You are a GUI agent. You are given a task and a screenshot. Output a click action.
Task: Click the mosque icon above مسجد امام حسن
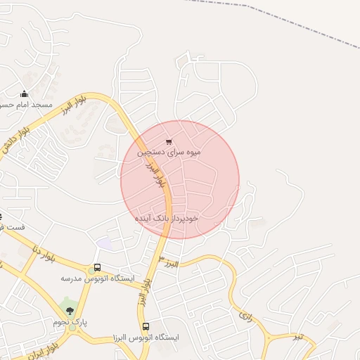coord(24,94)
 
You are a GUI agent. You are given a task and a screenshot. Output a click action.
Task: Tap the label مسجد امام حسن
coord(28,105)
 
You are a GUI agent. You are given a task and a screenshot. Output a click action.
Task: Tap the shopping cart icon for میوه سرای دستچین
coord(168,141)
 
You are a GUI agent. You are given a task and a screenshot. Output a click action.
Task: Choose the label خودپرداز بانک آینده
coord(167,218)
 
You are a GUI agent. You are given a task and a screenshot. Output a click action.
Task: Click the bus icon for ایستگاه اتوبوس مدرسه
coord(97,268)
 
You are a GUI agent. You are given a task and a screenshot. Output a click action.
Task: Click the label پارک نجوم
coord(70,321)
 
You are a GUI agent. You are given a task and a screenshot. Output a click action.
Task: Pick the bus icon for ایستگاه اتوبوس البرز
coord(146,326)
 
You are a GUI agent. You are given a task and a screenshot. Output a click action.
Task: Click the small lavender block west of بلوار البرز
coord(105,243)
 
